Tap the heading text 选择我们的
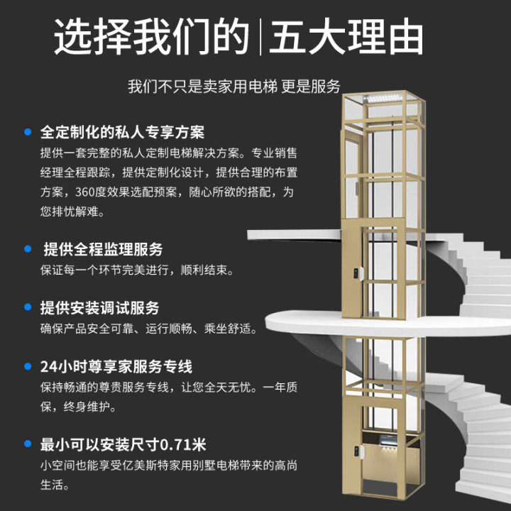point(153,37)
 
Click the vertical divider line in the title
point(260,37)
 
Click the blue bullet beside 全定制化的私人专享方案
point(28,132)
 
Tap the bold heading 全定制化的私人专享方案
point(123,133)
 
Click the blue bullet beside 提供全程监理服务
point(28,249)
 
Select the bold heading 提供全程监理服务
point(103,250)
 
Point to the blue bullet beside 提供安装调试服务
point(28,308)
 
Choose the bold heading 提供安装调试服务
point(100,309)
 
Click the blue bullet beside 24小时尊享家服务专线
point(28,367)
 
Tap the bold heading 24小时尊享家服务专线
point(116,368)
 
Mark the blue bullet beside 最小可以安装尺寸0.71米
point(28,446)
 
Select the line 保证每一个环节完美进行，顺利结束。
point(136,270)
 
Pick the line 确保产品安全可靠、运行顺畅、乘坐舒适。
point(148,329)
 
